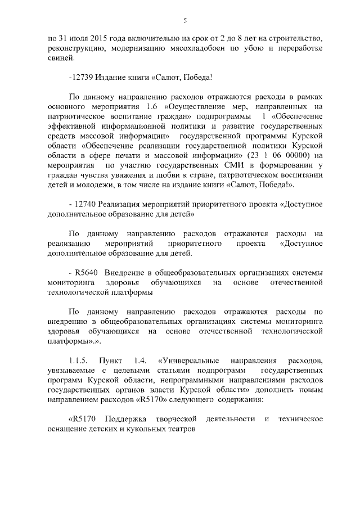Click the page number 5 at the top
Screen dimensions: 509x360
pos(184,21)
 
